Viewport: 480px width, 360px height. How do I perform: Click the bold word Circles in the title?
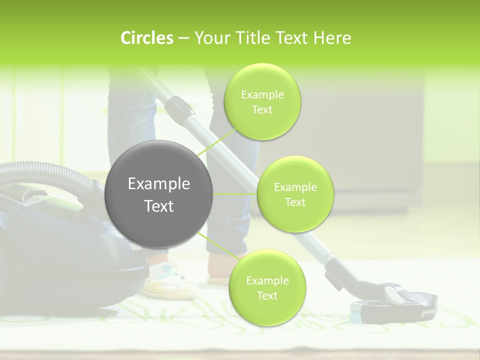(x=147, y=38)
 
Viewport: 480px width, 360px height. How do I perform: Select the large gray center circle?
(x=158, y=194)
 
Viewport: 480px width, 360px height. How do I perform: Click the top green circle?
(x=262, y=102)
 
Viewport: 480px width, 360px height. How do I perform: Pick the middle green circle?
(x=295, y=194)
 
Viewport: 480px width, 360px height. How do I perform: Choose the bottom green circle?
(x=267, y=287)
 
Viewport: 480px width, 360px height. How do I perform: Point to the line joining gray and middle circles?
(x=234, y=194)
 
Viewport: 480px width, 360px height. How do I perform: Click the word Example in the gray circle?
(x=158, y=184)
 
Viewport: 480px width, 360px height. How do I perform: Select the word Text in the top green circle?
(x=262, y=109)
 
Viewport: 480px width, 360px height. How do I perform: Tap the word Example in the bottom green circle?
(x=267, y=280)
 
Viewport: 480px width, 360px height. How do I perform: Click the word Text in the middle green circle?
(x=295, y=202)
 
